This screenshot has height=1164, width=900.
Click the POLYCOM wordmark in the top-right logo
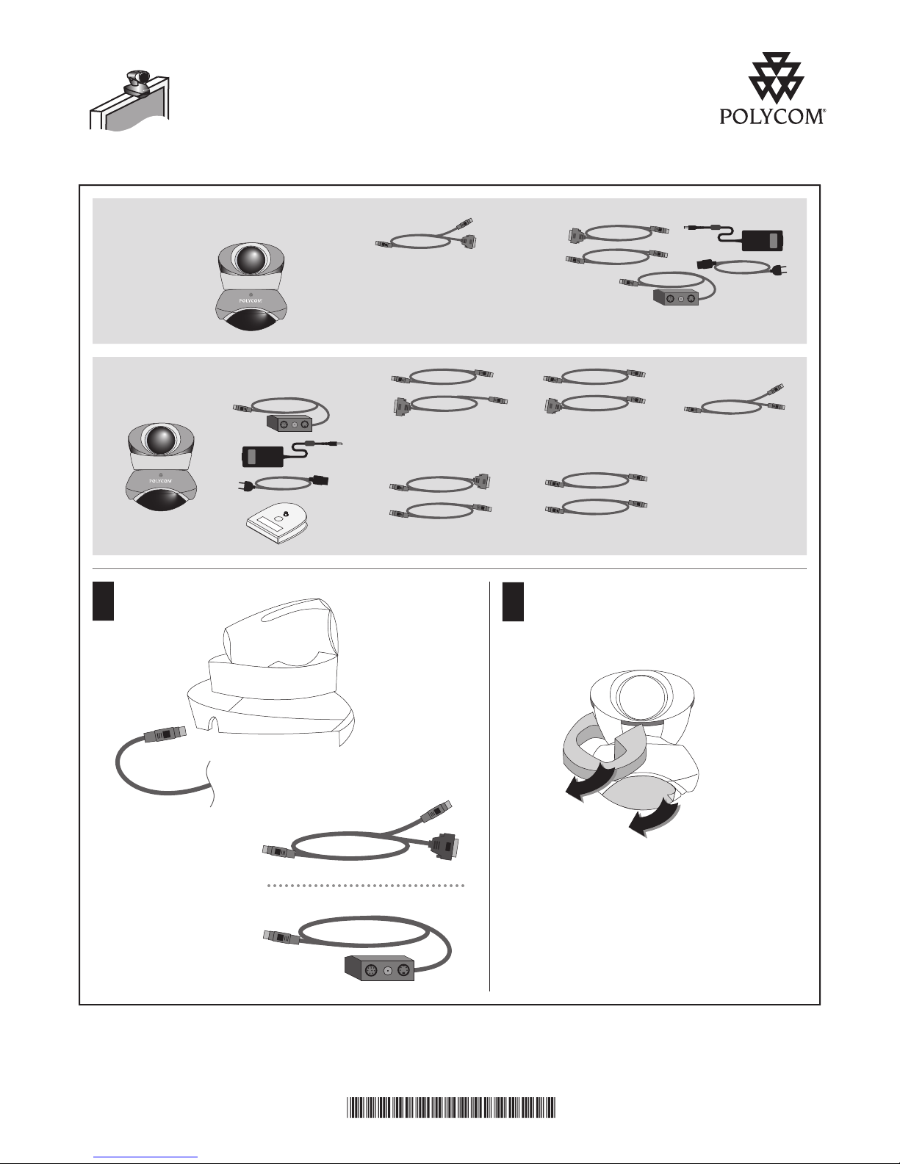coord(772,117)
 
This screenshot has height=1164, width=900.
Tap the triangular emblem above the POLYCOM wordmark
coord(776,78)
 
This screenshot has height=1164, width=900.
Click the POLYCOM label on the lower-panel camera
coord(161,481)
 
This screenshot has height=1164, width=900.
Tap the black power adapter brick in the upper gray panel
coord(763,240)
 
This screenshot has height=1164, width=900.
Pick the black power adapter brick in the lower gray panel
coord(262,456)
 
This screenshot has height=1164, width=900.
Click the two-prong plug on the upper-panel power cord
coord(780,271)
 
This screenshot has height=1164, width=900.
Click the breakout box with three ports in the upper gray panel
coord(676,297)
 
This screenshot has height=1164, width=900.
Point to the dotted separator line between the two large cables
coord(366,886)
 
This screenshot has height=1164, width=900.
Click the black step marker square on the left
coord(104,601)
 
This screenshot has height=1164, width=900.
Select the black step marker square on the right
coord(514,601)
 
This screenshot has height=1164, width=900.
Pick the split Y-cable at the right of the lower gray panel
coord(735,402)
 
